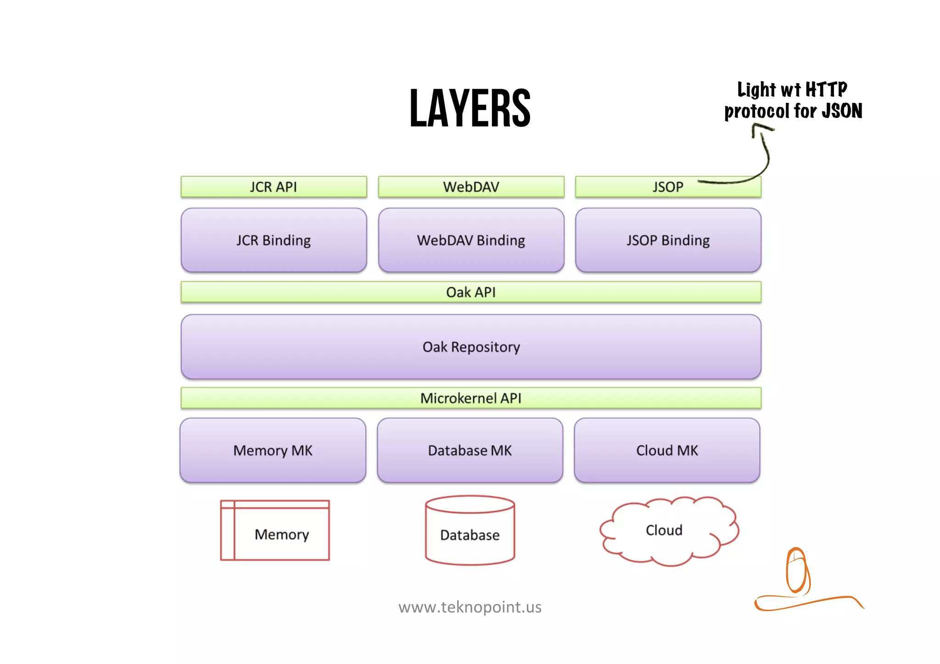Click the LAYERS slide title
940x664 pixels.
470,108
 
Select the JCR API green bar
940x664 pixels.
274,187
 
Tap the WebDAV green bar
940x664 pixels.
471,187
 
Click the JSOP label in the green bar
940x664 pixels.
668,187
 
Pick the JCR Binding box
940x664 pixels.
274,240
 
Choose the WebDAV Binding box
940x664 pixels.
471,240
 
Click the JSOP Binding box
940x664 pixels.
668,240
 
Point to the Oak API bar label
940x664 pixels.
471,292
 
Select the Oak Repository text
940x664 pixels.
471,347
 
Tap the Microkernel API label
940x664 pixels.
471,398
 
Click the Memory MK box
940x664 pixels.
273,450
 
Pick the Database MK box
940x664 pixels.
470,450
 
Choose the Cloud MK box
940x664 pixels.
667,450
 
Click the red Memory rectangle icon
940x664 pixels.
274,530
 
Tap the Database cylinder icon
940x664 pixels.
470,531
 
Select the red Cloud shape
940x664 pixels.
668,531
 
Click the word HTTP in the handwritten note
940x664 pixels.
826,89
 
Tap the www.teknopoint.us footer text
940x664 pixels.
470,607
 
